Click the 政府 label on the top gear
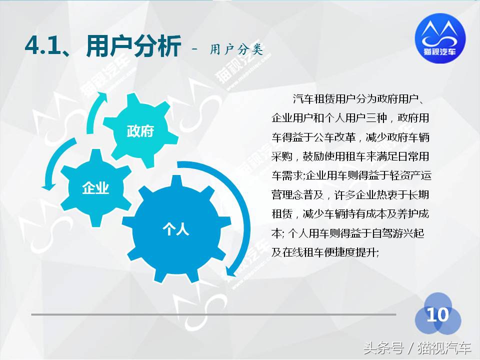click(140, 131)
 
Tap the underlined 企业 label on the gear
click(95, 188)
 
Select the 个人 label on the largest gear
click(175, 229)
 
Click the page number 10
click(437, 315)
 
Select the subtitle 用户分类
click(236, 48)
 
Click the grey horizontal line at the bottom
click(213, 314)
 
